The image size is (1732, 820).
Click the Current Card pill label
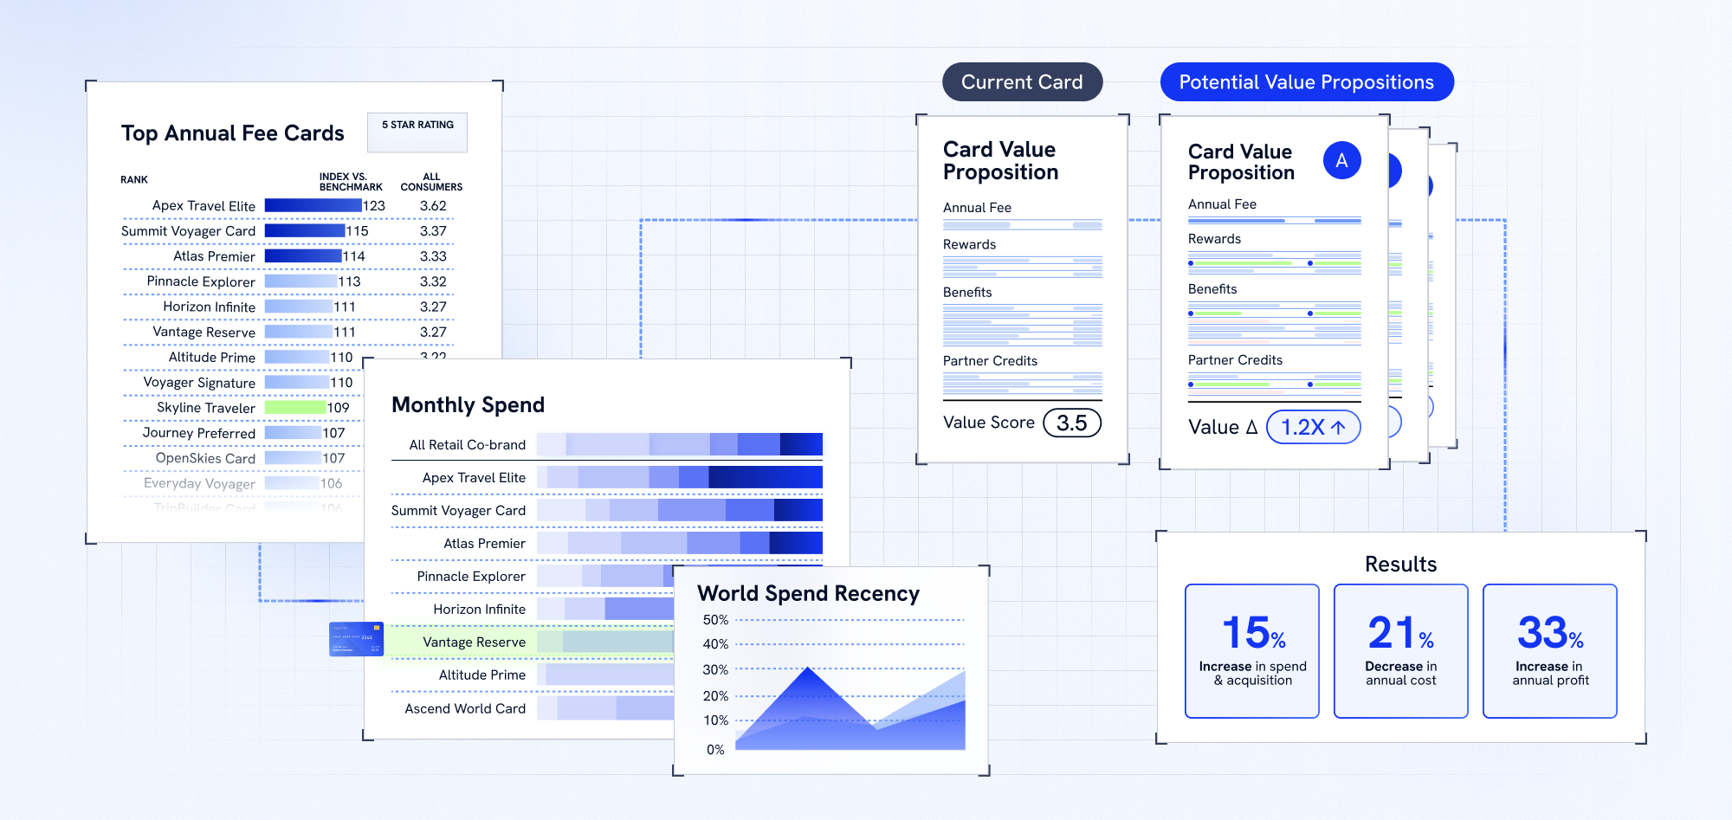coord(1022,82)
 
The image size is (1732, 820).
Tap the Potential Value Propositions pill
coord(1306,82)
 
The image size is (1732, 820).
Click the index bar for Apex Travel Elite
coord(313,205)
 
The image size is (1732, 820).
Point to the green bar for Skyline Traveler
coord(294,407)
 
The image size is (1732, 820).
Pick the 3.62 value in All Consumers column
coord(433,206)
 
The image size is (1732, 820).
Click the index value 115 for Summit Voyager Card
coord(357,231)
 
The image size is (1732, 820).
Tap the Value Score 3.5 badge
coord(1071,423)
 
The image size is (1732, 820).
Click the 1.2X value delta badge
coord(1313,427)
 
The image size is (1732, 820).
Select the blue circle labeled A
coord(1341,160)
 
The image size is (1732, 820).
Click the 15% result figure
coord(1252,633)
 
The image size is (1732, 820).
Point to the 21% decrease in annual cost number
coord(1400,633)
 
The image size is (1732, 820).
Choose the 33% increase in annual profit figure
coord(1549,633)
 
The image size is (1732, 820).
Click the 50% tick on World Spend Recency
coord(715,620)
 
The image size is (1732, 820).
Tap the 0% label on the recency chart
coord(715,750)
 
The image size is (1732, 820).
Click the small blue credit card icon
coord(356,639)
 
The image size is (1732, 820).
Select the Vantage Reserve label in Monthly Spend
coord(474,642)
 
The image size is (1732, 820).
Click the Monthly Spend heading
coord(468,404)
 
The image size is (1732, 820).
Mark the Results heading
coord(1400,565)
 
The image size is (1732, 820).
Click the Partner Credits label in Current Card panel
coord(990,361)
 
